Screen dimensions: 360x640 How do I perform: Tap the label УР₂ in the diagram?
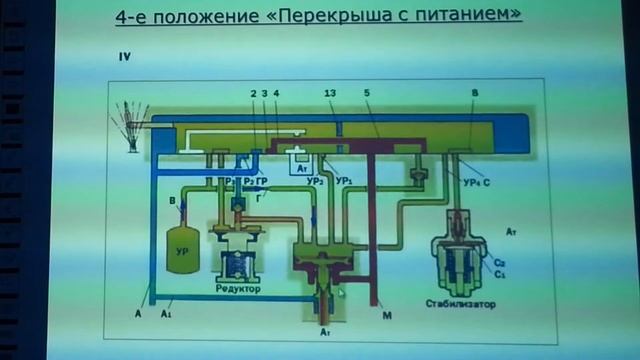pyautogui.click(x=316, y=180)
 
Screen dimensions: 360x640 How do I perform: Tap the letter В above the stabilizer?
pyautogui.click(x=474, y=93)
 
